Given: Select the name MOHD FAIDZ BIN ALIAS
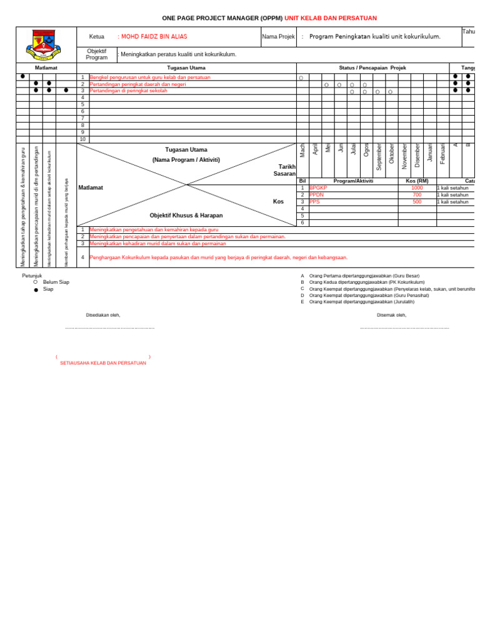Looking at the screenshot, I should pyautogui.click(x=154, y=37).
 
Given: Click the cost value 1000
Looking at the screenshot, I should pyautogui.click(x=417, y=187).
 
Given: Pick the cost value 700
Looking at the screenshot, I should pyautogui.click(x=417, y=195).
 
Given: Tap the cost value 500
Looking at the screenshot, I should pyautogui.click(x=417, y=202).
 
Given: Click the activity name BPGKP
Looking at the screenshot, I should pyautogui.click(x=318, y=187).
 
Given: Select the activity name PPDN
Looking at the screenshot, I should pyautogui.click(x=317, y=195).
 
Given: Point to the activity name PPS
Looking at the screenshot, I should pyautogui.click(x=314, y=202).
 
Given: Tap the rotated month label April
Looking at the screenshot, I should pyautogui.click(x=316, y=149).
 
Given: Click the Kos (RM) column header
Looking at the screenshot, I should pyautogui.click(x=417, y=181).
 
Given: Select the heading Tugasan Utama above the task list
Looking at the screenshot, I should pyautogui.click(x=186, y=67).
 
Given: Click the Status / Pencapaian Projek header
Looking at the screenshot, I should pyautogui.click(x=372, y=67).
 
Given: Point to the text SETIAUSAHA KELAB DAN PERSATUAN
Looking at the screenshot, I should pyautogui.click(x=103, y=363).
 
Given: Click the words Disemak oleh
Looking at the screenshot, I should pyautogui.click(x=392, y=315).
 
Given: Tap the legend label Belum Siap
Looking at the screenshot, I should pyautogui.click(x=56, y=282).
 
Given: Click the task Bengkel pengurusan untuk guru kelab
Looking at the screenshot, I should pyautogui.click(x=150, y=77).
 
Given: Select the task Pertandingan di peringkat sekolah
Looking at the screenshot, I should pyautogui.click(x=129, y=91).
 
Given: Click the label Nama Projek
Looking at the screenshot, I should pyautogui.click(x=279, y=37).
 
